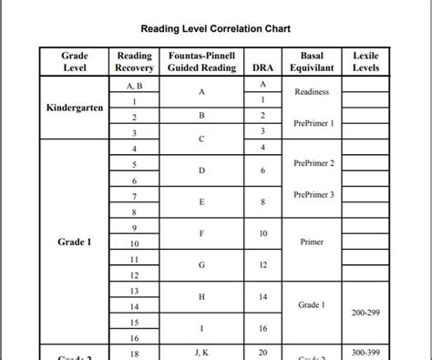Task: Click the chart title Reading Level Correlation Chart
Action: (x=215, y=29)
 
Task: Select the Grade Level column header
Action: (x=74, y=62)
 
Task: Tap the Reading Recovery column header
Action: (x=134, y=62)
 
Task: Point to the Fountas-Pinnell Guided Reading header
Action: (x=201, y=62)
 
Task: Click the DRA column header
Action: (x=262, y=68)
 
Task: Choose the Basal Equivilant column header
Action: (x=313, y=62)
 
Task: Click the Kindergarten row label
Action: (x=75, y=108)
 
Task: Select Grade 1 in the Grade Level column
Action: (x=75, y=242)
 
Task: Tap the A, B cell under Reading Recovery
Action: (x=134, y=85)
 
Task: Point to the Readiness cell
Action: (x=313, y=92)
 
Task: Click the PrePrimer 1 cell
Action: (x=314, y=123)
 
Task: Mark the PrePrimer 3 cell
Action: (x=314, y=194)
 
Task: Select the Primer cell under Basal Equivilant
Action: (x=313, y=242)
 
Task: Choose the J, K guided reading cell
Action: (x=201, y=352)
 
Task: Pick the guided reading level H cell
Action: (x=201, y=297)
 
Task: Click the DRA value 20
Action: (x=262, y=352)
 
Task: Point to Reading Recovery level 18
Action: (x=134, y=353)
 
